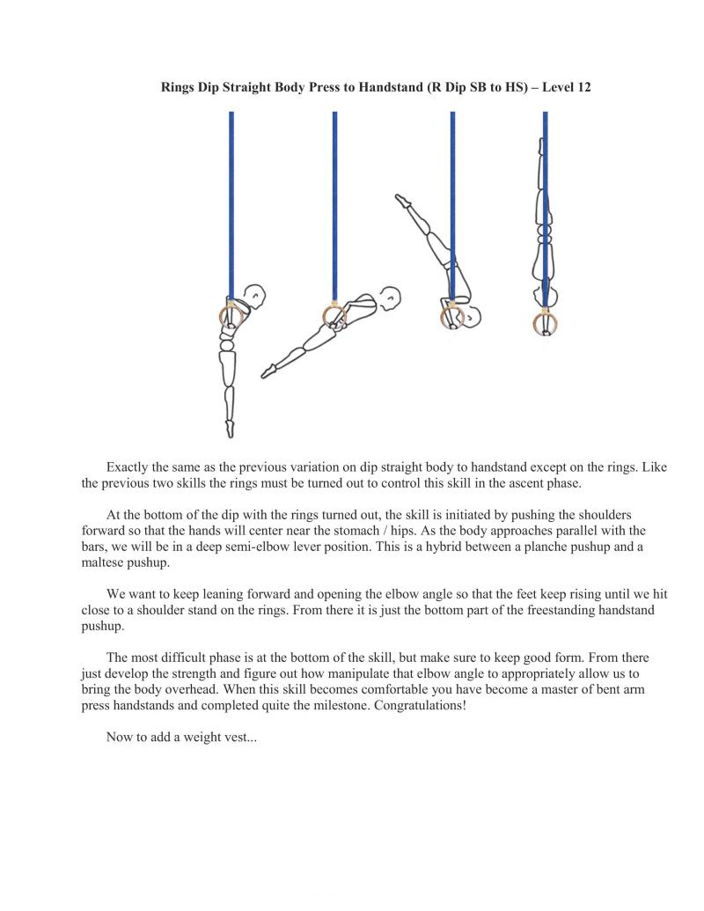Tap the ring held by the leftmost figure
(231, 313)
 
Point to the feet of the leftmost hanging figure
(231, 428)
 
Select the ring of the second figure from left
(334, 315)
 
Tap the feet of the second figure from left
(267, 373)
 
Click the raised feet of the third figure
(402, 201)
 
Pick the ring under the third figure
(452, 316)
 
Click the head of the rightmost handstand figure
(544, 295)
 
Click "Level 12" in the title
(567, 88)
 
